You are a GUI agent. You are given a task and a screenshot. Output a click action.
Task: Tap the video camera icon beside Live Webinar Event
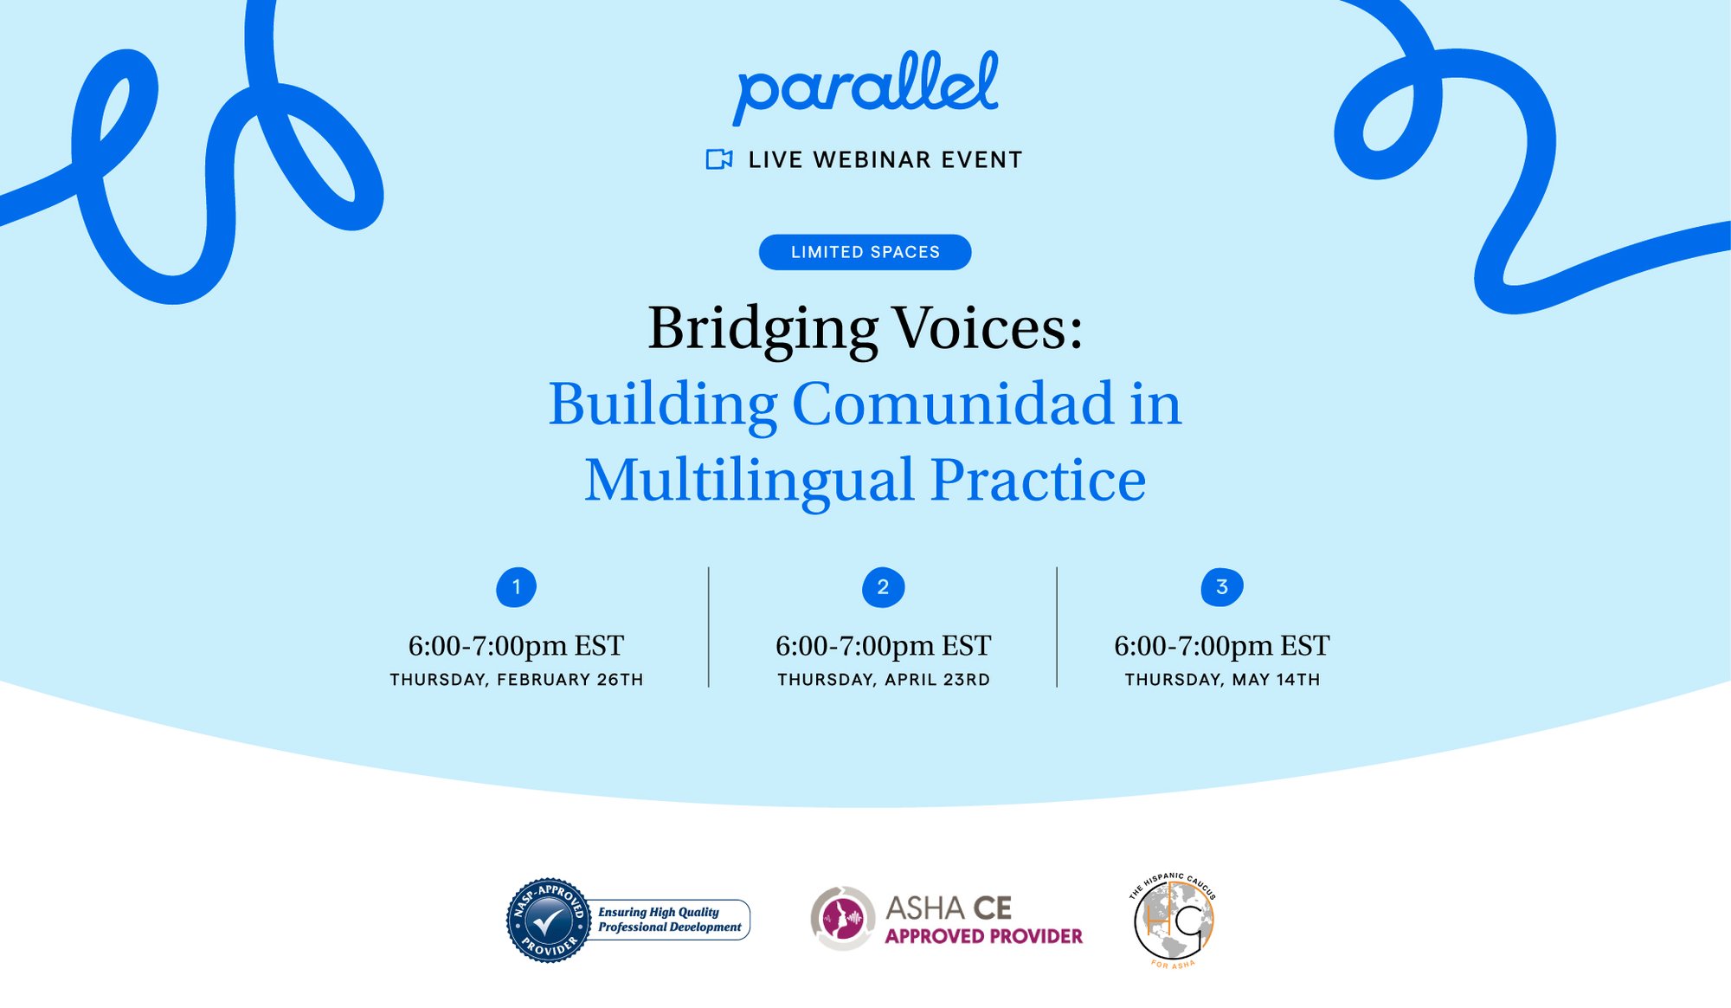click(719, 159)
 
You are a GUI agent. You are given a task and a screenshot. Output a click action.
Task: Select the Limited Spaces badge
click(865, 252)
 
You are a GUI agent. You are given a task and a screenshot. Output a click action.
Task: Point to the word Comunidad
click(952, 404)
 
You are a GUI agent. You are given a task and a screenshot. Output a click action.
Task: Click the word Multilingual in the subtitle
click(750, 481)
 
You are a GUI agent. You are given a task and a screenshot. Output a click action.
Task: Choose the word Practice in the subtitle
click(1039, 480)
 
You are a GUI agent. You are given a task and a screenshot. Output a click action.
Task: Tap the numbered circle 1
click(516, 587)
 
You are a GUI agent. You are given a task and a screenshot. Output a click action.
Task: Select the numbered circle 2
click(883, 587)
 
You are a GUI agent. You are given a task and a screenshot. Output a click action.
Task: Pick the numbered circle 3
click(1222, 587)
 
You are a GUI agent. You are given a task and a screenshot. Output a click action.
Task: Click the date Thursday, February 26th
click(517, 680)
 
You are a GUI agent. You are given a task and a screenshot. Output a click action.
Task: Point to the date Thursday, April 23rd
click(884, 680)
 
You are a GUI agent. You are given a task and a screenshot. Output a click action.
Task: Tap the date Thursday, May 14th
click(1222, 680)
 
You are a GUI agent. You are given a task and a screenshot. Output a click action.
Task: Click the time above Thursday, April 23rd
click(883, 646)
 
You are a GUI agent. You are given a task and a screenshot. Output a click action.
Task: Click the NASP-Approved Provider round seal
click(548, 921)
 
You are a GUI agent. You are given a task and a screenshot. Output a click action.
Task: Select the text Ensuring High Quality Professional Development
click(670, 920)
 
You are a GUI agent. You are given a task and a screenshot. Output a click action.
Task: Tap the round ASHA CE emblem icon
click(842, 919)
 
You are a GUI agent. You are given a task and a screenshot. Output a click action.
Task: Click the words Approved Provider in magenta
click(983, 936)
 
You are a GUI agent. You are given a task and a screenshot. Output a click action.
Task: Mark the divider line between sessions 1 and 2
click(709, 627)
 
